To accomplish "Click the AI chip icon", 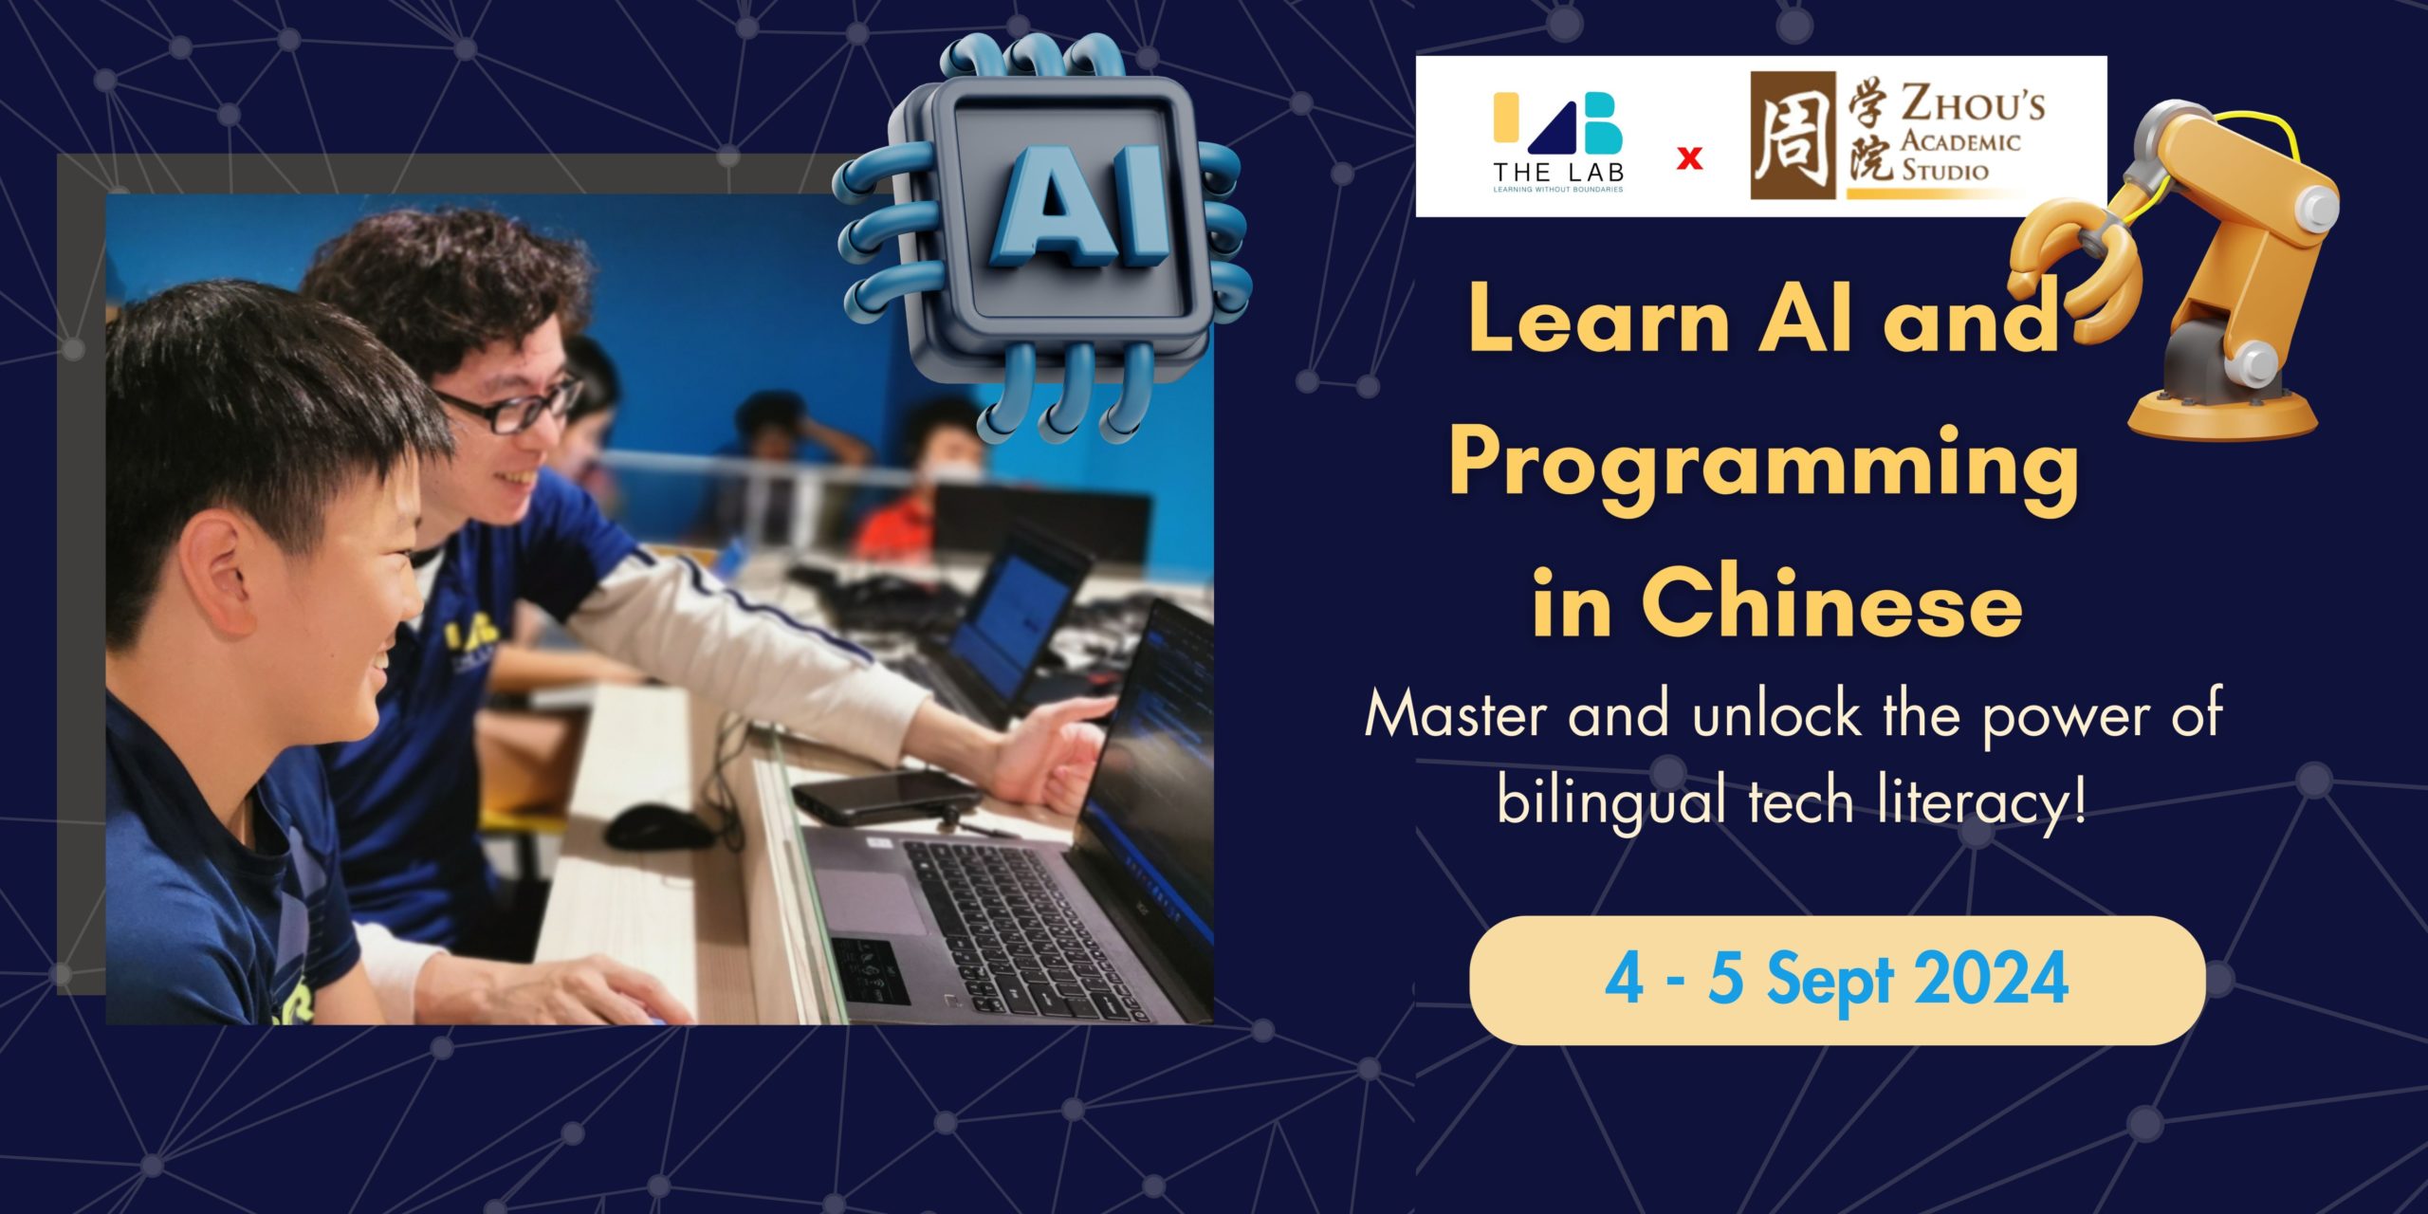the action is (x=1043, y=237).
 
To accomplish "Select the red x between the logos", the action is (x=1689, y=158).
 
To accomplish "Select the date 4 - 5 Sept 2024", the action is (x=1836, y=979).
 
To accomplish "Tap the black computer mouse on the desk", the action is (x=660, y=827).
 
